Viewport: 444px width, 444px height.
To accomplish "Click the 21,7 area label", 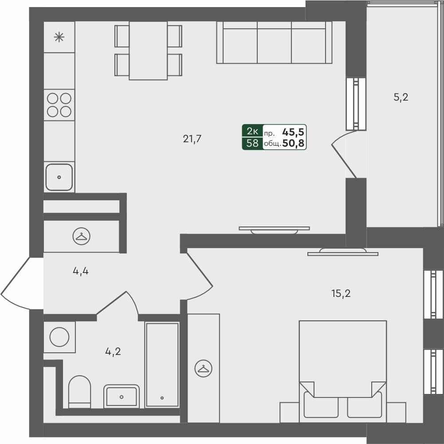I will pos(192,139).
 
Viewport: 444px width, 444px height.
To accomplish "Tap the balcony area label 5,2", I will pos(401,97).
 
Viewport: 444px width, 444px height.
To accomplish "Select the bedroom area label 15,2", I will pos(341,293).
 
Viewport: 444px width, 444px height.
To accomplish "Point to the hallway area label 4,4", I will pos(81,271).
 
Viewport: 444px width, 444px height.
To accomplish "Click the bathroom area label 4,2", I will pos(113,352).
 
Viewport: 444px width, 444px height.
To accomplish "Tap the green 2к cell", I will pos(252,131).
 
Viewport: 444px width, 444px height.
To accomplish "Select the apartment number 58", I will pos(252,143).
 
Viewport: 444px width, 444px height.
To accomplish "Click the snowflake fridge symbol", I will pos(59,37).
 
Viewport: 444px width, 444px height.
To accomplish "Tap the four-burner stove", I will pos(59,105).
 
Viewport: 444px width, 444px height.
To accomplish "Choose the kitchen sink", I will pos(59,177).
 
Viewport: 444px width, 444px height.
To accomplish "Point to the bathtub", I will pos(162,364).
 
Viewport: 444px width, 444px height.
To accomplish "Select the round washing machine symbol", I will pos(59,337).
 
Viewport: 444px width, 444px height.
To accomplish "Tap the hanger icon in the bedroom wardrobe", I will pos(203,368).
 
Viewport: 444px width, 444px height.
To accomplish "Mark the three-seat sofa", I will pos(274,43).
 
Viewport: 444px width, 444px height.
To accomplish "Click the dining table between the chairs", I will pos(148,50).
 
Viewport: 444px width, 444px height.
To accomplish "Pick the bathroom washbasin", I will pos(122,395).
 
